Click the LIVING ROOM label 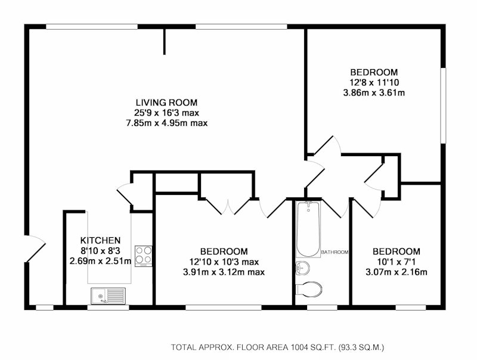click(166, 103)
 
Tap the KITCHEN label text click(100, 241)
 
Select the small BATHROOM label click(334, 252)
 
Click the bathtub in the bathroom click(308, 229)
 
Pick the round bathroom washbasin click(303, 268)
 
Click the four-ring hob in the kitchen click(144, 256)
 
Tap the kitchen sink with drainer click(108, 296)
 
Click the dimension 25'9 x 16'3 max click(166, 113)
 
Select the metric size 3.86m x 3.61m click(374, 93)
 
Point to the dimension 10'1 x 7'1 click(397, 262)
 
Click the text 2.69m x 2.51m click(100, 261)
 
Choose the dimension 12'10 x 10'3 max click(224, 262)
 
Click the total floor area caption click(277, 347)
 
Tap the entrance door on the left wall click(35, 249)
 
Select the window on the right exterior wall click(443, 105)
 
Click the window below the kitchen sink click(109, 308)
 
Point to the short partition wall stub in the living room click(165, 42)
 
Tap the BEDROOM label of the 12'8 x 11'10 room click(374, 72)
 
